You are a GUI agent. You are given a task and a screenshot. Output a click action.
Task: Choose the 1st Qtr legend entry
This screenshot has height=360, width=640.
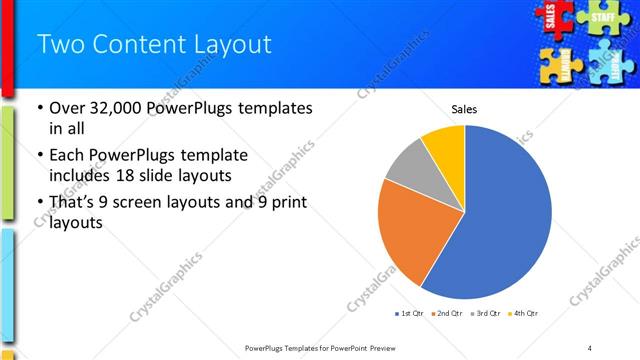[x=410, y=313]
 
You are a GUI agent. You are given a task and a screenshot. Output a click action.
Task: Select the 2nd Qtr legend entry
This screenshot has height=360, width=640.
[x=448, y=313]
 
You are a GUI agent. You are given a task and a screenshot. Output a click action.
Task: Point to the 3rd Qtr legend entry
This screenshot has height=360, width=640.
[x=486, y=313]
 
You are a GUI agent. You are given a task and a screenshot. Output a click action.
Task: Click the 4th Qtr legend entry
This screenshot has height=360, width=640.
[x=524, y=313]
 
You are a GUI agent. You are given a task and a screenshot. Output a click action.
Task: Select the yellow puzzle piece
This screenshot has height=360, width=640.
[x=557, y=64]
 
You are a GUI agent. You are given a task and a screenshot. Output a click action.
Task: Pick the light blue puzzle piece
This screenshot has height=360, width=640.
[x=608, y=64]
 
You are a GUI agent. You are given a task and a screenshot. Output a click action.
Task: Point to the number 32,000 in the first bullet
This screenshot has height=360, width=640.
[x=117, y=108]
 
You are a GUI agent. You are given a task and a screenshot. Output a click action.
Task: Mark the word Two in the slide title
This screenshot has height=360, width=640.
[x=58, y=44]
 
